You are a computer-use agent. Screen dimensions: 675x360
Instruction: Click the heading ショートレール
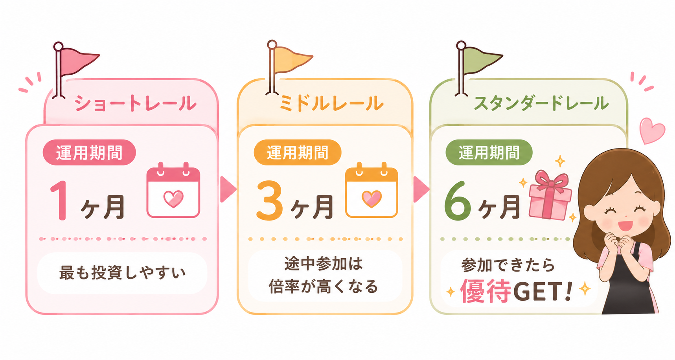(x=135, y=103)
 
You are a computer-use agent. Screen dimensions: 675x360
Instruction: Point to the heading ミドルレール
(x=331, y=103)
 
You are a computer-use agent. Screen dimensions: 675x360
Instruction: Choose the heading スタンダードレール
(x=541, y=103)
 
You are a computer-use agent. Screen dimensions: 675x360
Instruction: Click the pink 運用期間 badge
(x=89, y=152)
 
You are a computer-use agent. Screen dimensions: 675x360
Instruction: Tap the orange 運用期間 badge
(x=298, y=152)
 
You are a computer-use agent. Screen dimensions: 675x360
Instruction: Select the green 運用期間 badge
(x=489, y=152)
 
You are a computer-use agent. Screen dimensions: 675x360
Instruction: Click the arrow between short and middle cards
(x=228, y=189)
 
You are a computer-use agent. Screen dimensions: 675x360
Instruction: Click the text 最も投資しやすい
(x=122, y=273)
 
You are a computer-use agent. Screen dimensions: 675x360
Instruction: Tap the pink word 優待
(x=486, y=291)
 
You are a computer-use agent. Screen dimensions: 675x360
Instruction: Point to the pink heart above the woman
(x=652, y=131)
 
